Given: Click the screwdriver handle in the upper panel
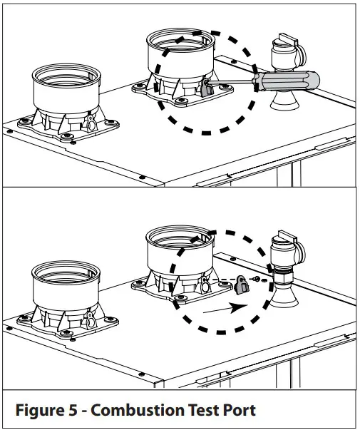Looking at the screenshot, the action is [286, 81].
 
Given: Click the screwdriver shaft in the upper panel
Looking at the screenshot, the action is [230, 81].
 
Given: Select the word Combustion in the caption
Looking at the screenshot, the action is [138, 410].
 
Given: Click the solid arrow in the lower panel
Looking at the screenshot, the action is [225, 309].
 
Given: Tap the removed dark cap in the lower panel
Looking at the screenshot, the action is [242, 285].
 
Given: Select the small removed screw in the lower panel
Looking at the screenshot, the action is [257, 279].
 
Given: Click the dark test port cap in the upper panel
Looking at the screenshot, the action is [207, 88].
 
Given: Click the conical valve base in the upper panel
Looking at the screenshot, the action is [284, 101].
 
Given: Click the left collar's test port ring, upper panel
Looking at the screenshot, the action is [91, 124].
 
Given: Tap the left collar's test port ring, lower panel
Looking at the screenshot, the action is [91, 320].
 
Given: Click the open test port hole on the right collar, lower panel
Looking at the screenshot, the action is [205, 287].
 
